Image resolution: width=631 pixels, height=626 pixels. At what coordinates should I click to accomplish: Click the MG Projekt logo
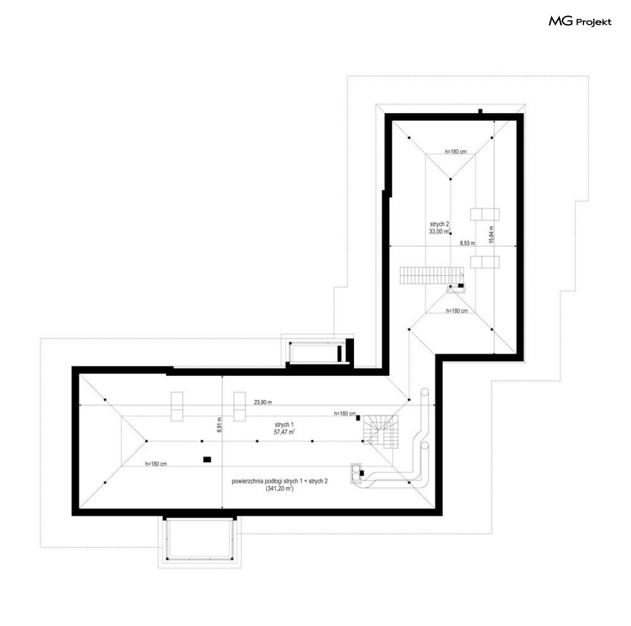580,21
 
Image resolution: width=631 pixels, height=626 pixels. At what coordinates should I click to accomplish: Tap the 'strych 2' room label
439,224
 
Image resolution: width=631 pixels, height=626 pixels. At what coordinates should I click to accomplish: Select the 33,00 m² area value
440,232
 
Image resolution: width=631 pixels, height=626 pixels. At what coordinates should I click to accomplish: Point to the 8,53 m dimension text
467,243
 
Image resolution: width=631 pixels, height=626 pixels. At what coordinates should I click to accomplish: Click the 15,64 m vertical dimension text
492,235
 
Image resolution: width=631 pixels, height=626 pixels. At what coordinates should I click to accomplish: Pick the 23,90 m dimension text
263,402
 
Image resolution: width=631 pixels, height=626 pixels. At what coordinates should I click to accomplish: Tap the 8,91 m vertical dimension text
219,425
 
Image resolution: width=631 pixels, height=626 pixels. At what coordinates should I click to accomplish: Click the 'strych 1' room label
284,425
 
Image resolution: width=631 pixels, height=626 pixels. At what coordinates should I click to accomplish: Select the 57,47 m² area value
284,432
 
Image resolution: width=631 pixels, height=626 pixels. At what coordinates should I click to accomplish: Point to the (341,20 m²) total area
279,489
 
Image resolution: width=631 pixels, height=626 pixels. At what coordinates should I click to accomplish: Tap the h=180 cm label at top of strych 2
456,152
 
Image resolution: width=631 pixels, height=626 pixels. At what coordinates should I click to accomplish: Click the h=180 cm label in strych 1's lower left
156,464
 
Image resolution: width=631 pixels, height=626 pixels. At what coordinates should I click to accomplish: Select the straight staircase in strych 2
431,276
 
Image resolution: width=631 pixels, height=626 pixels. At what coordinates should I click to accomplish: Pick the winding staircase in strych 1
380,432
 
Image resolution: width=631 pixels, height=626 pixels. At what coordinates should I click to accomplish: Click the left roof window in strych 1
177,406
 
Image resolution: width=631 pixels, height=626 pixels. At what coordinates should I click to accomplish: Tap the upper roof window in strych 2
485,214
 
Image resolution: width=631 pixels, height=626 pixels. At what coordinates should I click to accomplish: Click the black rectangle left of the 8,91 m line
207,459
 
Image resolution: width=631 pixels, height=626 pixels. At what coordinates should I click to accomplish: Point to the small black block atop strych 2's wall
480,111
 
